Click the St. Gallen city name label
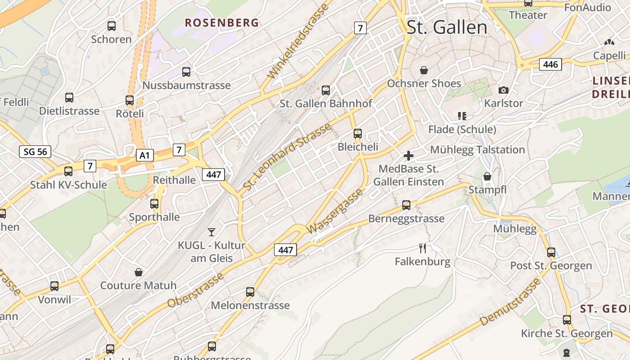coord(446,27)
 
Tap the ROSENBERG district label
coord(222,22)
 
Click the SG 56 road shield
coord(35,152)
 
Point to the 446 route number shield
coord(550,64)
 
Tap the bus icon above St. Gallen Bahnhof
coord(326,90)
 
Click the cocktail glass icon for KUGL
coord(211,232)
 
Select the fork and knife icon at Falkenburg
coord(423,248)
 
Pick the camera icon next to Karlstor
coord(504,90)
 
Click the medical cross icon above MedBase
coord(409,156)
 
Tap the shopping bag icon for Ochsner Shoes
coord(424,70)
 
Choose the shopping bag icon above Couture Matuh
coord(139,272)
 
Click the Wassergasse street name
coord(335,211)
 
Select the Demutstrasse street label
coord(510,302)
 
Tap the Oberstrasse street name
coord(195,291)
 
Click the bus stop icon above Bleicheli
coord(358,134)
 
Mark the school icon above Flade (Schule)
coord(462,116)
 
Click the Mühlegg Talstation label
coord(477,149)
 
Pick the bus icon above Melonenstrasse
coord(250,292)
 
